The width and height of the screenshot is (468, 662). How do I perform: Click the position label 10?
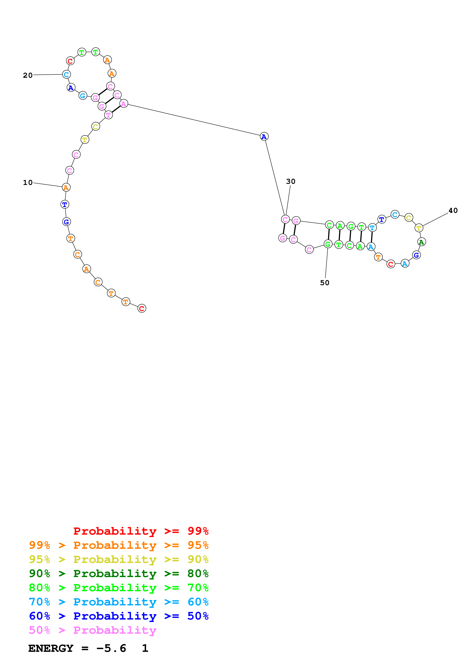(x=28, y=182)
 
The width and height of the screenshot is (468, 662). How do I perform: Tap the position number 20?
(x=28, y=75)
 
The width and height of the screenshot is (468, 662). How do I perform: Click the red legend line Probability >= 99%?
(x=141, y=531)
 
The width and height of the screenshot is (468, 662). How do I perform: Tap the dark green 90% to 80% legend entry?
(x=119, y=573)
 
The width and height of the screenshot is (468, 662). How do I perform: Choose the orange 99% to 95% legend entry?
(x=119, y=545)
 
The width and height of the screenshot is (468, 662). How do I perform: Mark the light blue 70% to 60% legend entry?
(x=119, y=602)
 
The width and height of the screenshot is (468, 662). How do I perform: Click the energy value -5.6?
(x=111, y=648)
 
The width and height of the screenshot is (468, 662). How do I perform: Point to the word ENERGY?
(x=51, y=648)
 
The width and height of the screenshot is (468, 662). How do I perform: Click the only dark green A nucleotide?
(x=421, y=242)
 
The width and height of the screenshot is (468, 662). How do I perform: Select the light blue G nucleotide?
(x=83, y=95)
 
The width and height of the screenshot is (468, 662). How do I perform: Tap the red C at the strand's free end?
(x=142, y=308)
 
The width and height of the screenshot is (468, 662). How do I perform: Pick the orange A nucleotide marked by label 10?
(x=66, y=187)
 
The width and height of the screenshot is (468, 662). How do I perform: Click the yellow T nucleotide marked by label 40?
(x=419, y=228)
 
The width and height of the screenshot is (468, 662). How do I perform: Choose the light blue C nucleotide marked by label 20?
(x=66, y=74)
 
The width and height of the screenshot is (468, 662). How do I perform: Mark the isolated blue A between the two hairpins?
(x=264, y=136)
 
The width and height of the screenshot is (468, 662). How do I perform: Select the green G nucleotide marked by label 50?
(x=328, y=244)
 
